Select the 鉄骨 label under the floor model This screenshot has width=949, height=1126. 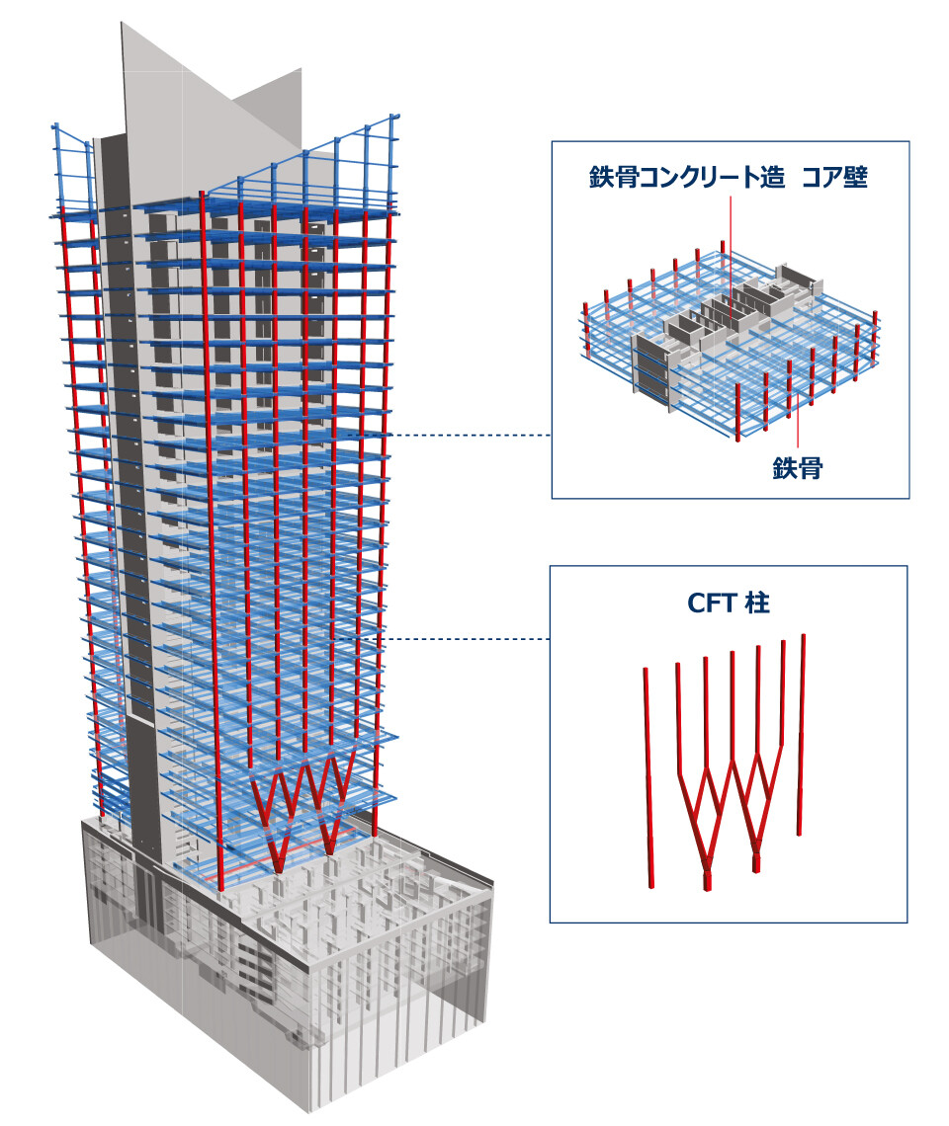pos(798,468)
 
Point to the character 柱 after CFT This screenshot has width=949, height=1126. pos(757,603)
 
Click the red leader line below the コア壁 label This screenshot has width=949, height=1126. pos(731,247)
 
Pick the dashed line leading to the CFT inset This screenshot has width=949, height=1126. pos(465,639)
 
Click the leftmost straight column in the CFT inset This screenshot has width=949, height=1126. pos(647,770)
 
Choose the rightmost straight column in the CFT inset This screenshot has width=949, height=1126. pos(804,731)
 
